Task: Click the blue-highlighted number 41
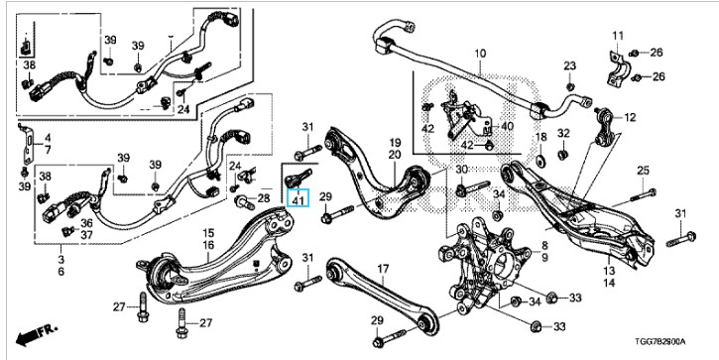click(299, 200)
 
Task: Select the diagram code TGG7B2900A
click(659, 342)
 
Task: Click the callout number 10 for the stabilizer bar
click(480, 54)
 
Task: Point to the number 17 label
click(384, 268)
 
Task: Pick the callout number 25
click(644, 171)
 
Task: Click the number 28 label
click(264, 198)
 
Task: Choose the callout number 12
click(630, 117)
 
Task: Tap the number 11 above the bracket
click(618, 36)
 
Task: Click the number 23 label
click(570, 66)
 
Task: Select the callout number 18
click(541, 137)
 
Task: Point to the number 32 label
click(563, 134)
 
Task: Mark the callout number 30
click(462, 170)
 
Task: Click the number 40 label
click(508, 126)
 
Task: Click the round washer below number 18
click(540, 160)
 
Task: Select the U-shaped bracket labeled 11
click(617, 69)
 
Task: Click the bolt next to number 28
click(245, 202)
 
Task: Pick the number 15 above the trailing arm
click(208, 233)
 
